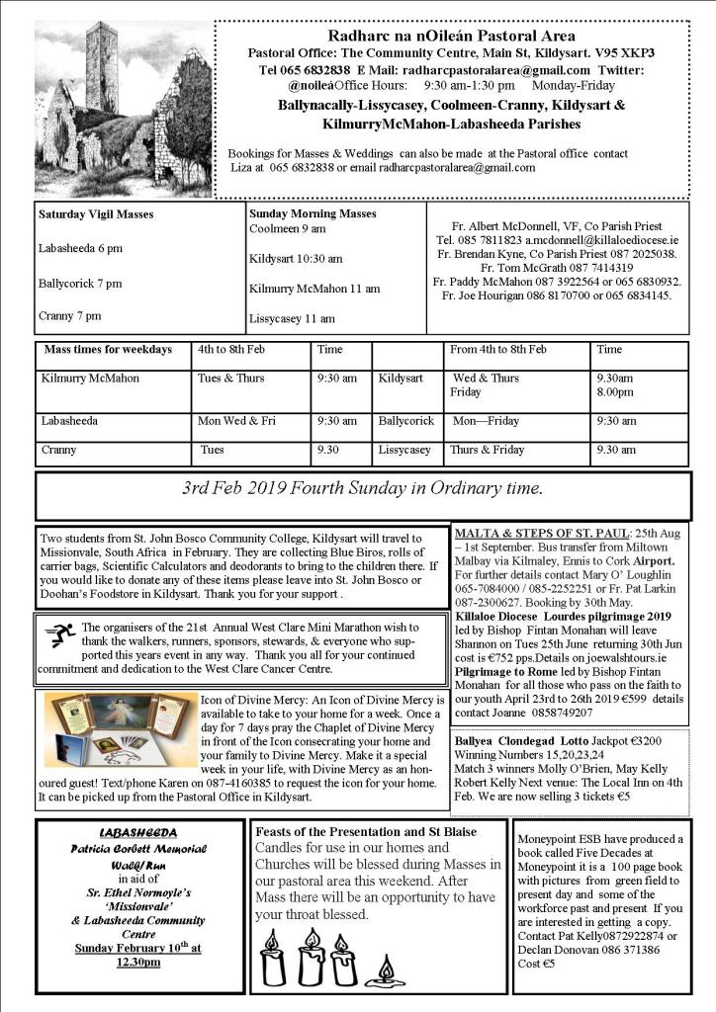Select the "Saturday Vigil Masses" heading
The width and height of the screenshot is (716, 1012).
(96, 213)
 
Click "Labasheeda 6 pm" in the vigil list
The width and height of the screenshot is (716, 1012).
(81, 249)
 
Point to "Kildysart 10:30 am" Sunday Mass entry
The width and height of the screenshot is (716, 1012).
(296, 259)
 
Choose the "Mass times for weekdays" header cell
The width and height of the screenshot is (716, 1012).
(108, 350)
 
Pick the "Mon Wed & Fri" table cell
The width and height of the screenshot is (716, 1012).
(236, 420)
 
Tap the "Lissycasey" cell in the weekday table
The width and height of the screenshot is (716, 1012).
(404, 450)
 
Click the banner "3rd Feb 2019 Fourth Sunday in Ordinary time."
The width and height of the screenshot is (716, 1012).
(362, 488)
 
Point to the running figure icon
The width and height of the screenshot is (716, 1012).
(59, 634)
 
